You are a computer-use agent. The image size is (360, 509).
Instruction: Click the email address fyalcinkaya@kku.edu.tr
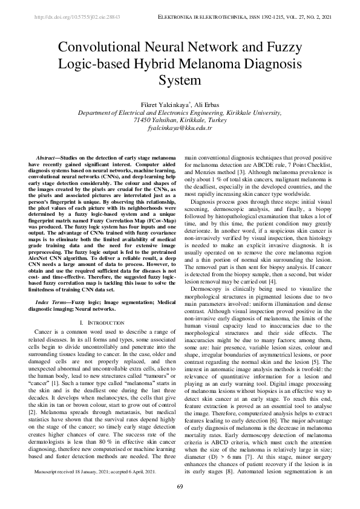coord(180,128)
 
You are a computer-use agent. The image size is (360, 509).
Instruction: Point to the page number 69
coord(180,486)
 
